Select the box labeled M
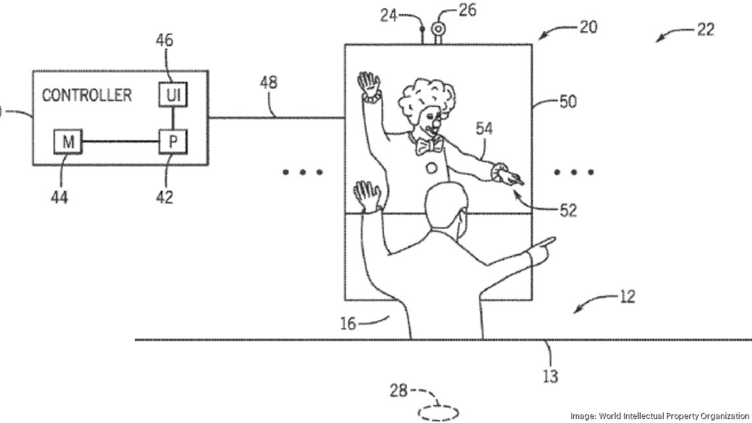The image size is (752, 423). click(67, 141)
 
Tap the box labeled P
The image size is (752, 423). click(173, 141)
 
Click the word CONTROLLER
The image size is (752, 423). click(87, 95)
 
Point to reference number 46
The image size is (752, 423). click(164, 40)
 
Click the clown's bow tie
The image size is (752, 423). click(427, 144)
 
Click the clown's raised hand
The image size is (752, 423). click(368, 85)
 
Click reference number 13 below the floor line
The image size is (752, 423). click(549, 376)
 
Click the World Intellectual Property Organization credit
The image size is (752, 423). click(660, 416)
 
